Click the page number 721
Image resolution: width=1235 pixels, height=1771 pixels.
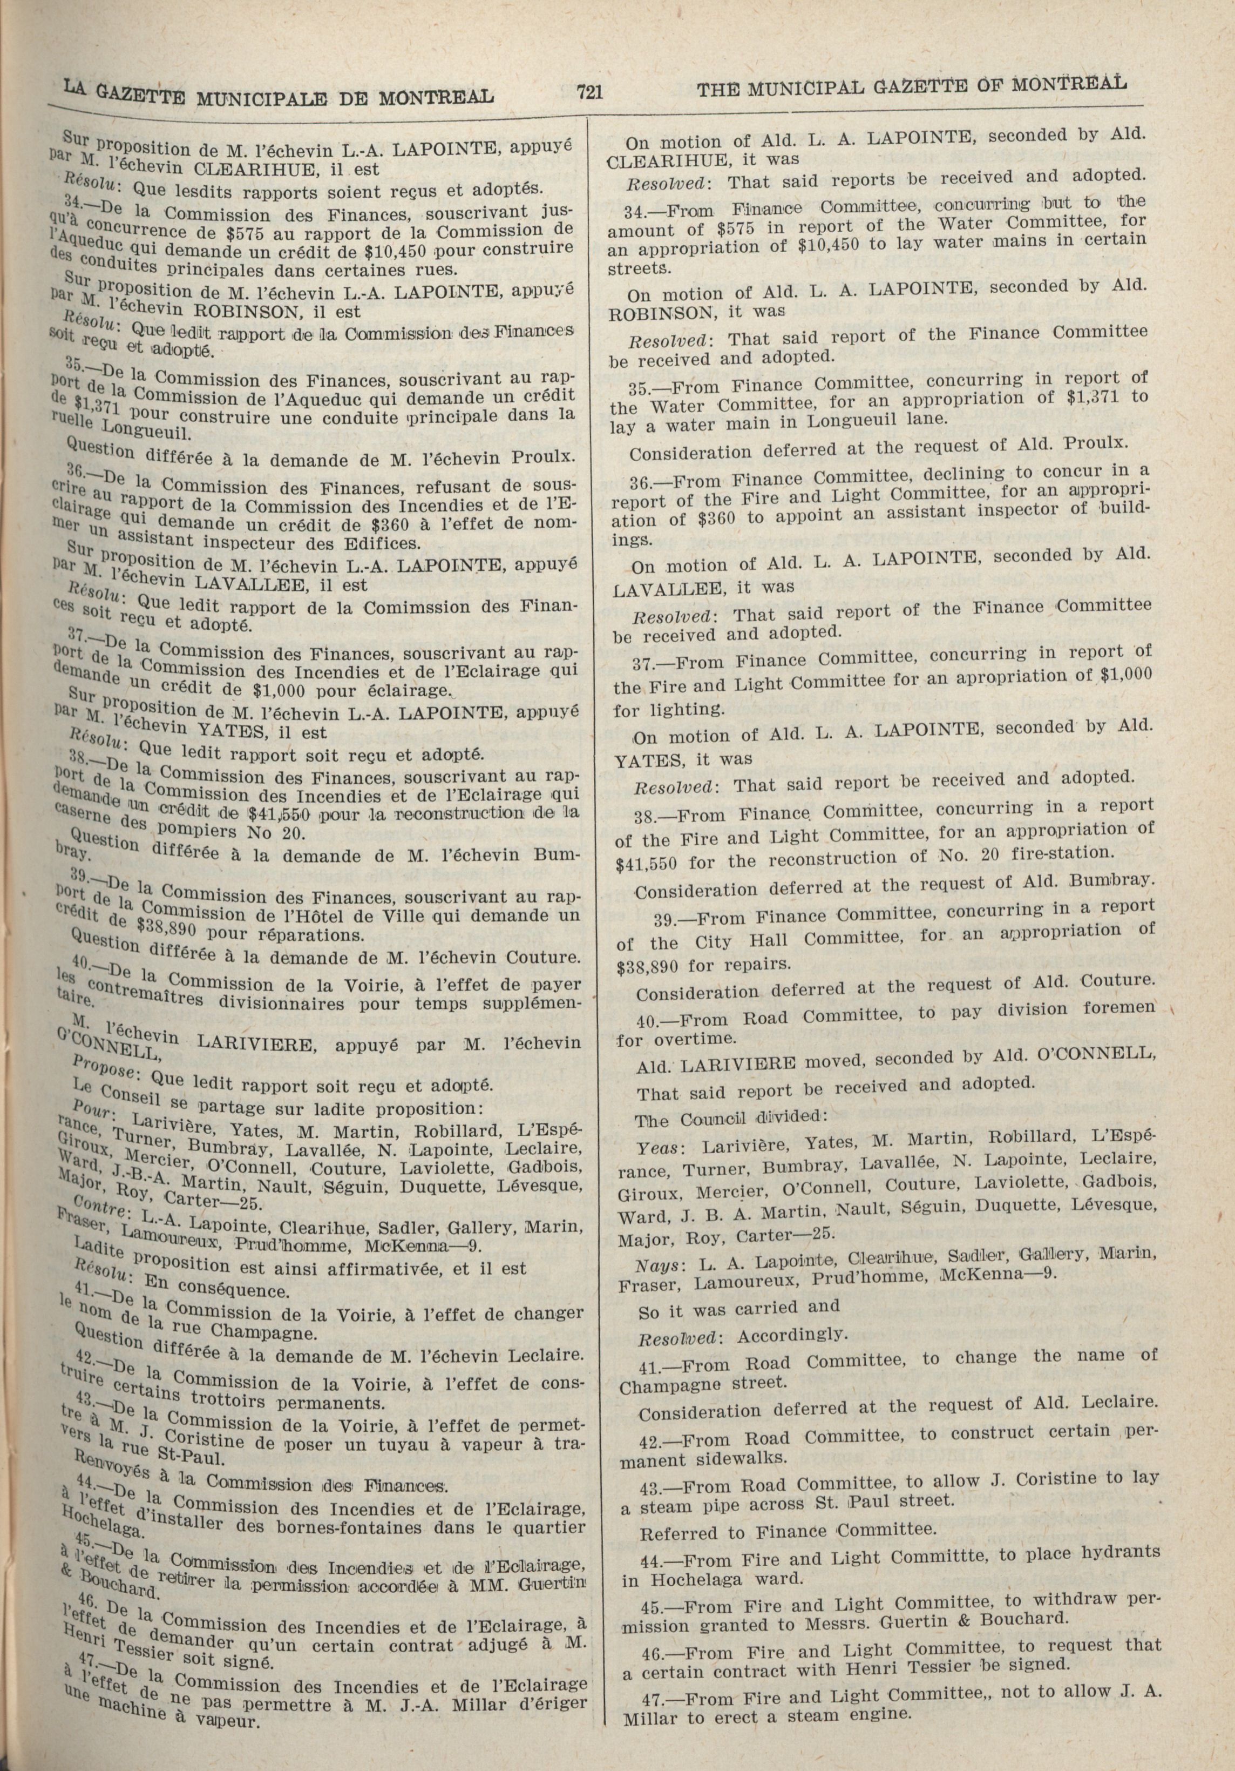tap(587, 93)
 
